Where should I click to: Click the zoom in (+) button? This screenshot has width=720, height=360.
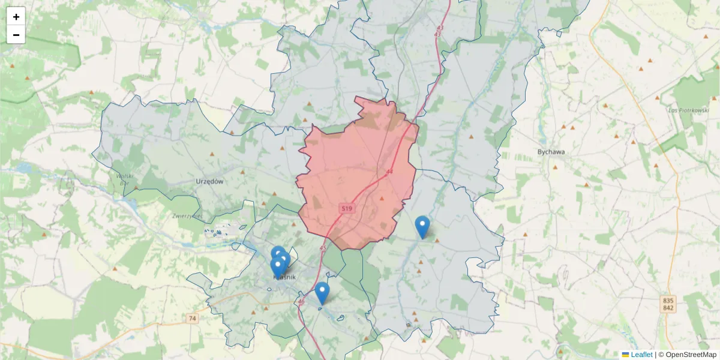point(16,17)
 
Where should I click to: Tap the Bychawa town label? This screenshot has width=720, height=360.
point(551,152)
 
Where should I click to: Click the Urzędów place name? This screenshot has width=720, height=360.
point(209,181)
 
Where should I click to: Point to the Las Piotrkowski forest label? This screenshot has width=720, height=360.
point(689,110)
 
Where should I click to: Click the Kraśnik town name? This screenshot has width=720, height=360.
point(285,277)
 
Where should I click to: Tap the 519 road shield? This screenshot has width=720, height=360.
point(346,208)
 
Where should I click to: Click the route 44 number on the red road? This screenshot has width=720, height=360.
point(390,172)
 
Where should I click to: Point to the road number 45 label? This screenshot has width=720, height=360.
point(323,248)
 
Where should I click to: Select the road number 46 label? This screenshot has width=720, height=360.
point(301,302)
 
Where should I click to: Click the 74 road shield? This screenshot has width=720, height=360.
point(192,318)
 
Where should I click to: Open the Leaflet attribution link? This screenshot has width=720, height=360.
point(641,355)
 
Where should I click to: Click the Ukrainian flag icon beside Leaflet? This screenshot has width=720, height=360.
point(626,355)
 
